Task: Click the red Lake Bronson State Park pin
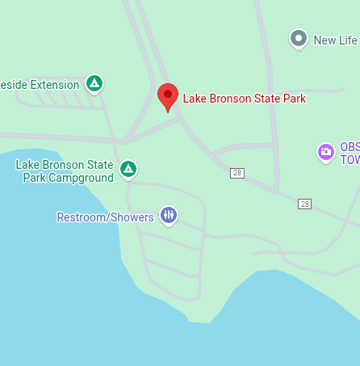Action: [x=168, y=97]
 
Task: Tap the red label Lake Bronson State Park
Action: [x=245, y=99]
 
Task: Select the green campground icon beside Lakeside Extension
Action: [x=94, y=83]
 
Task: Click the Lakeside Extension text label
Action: [x=40, y=84]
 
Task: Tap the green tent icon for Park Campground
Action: [x=128, y=169]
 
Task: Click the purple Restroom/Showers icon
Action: [x=168, y=215]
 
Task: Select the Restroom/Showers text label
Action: [x=105, y=217]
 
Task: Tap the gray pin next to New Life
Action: [x=299, y=38]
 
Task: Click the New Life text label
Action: [x=335, y=40]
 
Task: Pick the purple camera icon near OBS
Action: [x=326, y=151]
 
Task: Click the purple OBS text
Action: [x=349, y=147]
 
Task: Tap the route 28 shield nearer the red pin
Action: [x=237, y=173]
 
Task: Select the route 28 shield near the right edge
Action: [x=304, y=204]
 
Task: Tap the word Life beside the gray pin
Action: [x=347, y=40]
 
